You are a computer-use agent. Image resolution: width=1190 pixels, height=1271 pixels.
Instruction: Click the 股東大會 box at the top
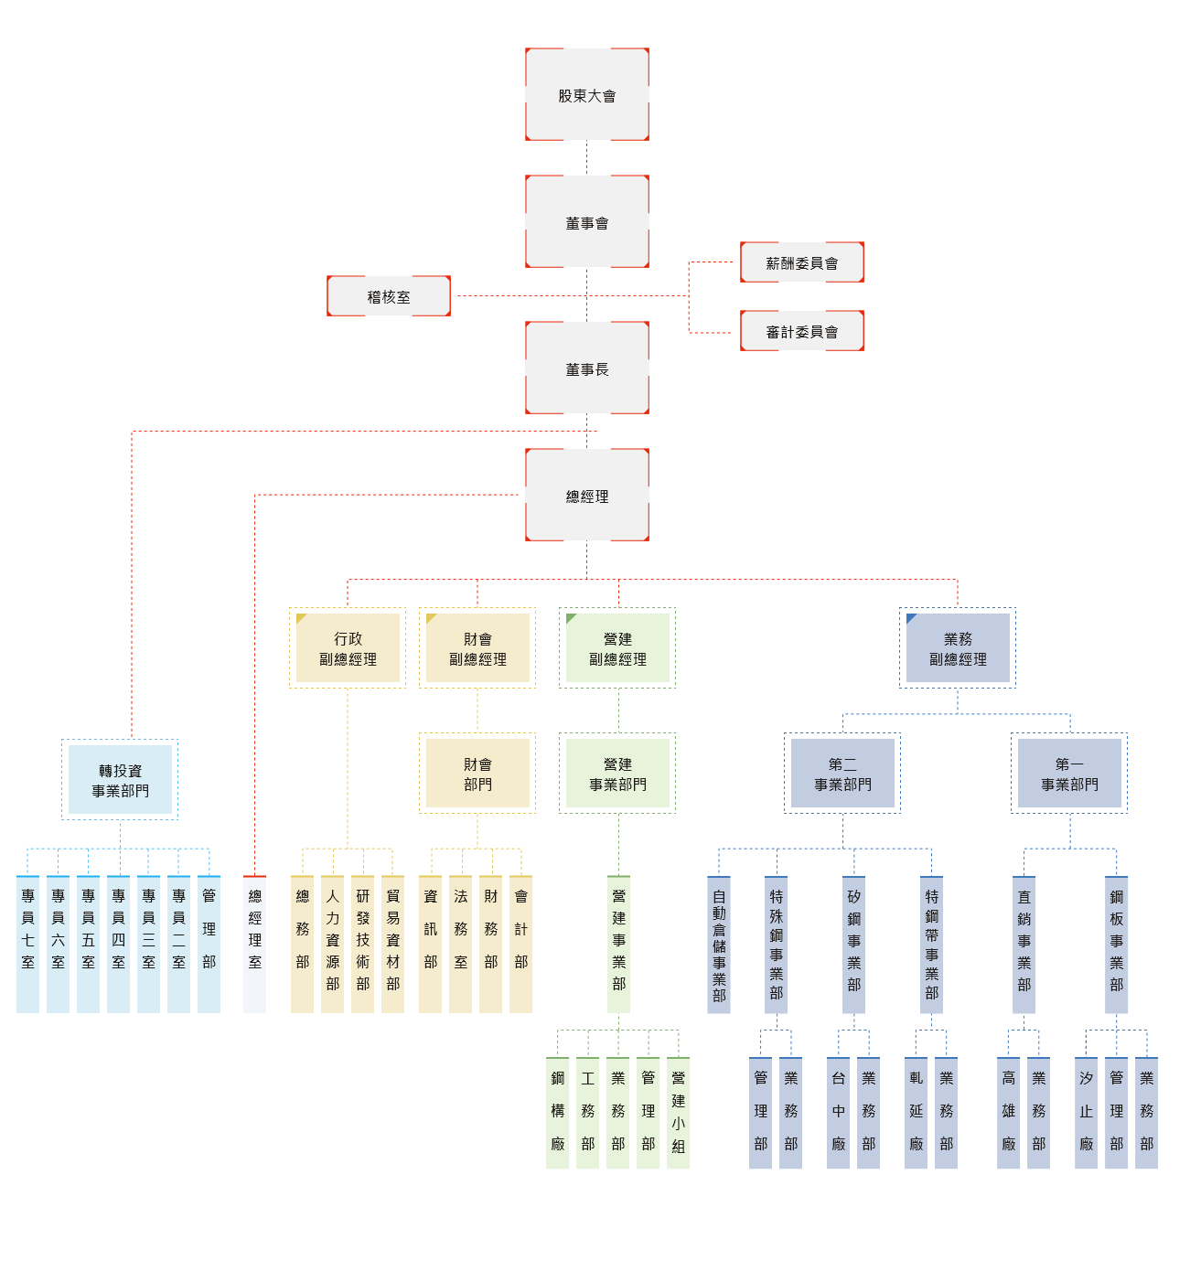point(586,95)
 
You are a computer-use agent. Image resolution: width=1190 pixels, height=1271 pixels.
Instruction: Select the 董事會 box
point(586,222)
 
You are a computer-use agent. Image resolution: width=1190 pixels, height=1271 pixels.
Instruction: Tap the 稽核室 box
point(388,296)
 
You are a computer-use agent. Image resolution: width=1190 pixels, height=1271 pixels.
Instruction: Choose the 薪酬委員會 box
point(801,262)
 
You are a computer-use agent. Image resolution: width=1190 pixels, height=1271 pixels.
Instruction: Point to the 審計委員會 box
point(801,331)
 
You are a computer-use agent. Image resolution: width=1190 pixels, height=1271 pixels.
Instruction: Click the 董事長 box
point(586,368)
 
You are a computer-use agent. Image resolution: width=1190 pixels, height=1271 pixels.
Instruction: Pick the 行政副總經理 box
point(348,647)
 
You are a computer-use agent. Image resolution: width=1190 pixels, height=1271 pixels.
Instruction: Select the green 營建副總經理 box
point(616,647)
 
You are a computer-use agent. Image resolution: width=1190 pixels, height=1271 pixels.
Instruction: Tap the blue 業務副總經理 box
point(957,647)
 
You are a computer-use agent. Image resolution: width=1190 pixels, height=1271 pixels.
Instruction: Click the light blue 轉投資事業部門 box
point(120,779)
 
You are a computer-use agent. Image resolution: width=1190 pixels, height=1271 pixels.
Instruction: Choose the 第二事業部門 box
point(842,773)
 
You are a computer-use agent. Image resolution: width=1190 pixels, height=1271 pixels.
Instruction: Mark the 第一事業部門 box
point(1068,773)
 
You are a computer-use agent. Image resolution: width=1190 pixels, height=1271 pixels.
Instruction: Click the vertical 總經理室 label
point(254,944)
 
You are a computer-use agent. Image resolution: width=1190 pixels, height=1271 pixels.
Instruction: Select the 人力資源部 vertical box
point(332,944)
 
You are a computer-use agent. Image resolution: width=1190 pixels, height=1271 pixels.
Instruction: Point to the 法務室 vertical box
point(460,944)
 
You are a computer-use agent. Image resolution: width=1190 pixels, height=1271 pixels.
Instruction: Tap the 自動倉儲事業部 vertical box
point(719,945)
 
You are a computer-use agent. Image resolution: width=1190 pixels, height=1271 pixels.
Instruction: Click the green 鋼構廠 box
point(557,1113)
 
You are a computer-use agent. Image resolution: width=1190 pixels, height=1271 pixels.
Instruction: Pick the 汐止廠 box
point(1086,1113)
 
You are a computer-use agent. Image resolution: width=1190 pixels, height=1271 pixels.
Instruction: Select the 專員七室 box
point(27,944)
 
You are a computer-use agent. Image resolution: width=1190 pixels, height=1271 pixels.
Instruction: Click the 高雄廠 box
point(1008,1113)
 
